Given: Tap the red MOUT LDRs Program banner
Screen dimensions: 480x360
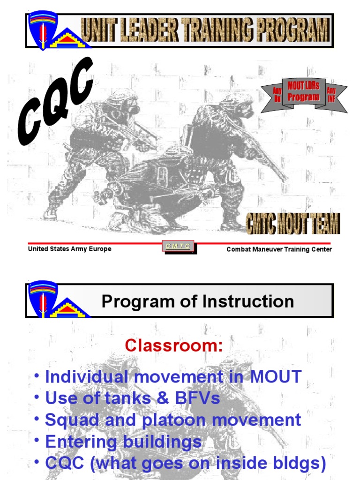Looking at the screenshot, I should point(303,92).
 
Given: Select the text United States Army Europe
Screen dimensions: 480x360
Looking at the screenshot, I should point(69,249).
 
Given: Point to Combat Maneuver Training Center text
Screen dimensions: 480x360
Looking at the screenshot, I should point(279,249).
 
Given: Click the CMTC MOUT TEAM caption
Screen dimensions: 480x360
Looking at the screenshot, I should point(293,223).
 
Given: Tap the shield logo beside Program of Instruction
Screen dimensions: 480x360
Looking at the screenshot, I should point(43,299).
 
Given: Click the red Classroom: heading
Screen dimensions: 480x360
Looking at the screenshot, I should point(174,346).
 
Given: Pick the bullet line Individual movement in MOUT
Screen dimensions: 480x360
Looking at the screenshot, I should point(173,376).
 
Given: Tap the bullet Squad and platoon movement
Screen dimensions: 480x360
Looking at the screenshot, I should point(173,420).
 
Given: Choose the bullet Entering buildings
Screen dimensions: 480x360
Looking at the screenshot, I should point(123,441).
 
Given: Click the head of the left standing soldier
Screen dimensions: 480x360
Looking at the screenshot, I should point(123,103).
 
